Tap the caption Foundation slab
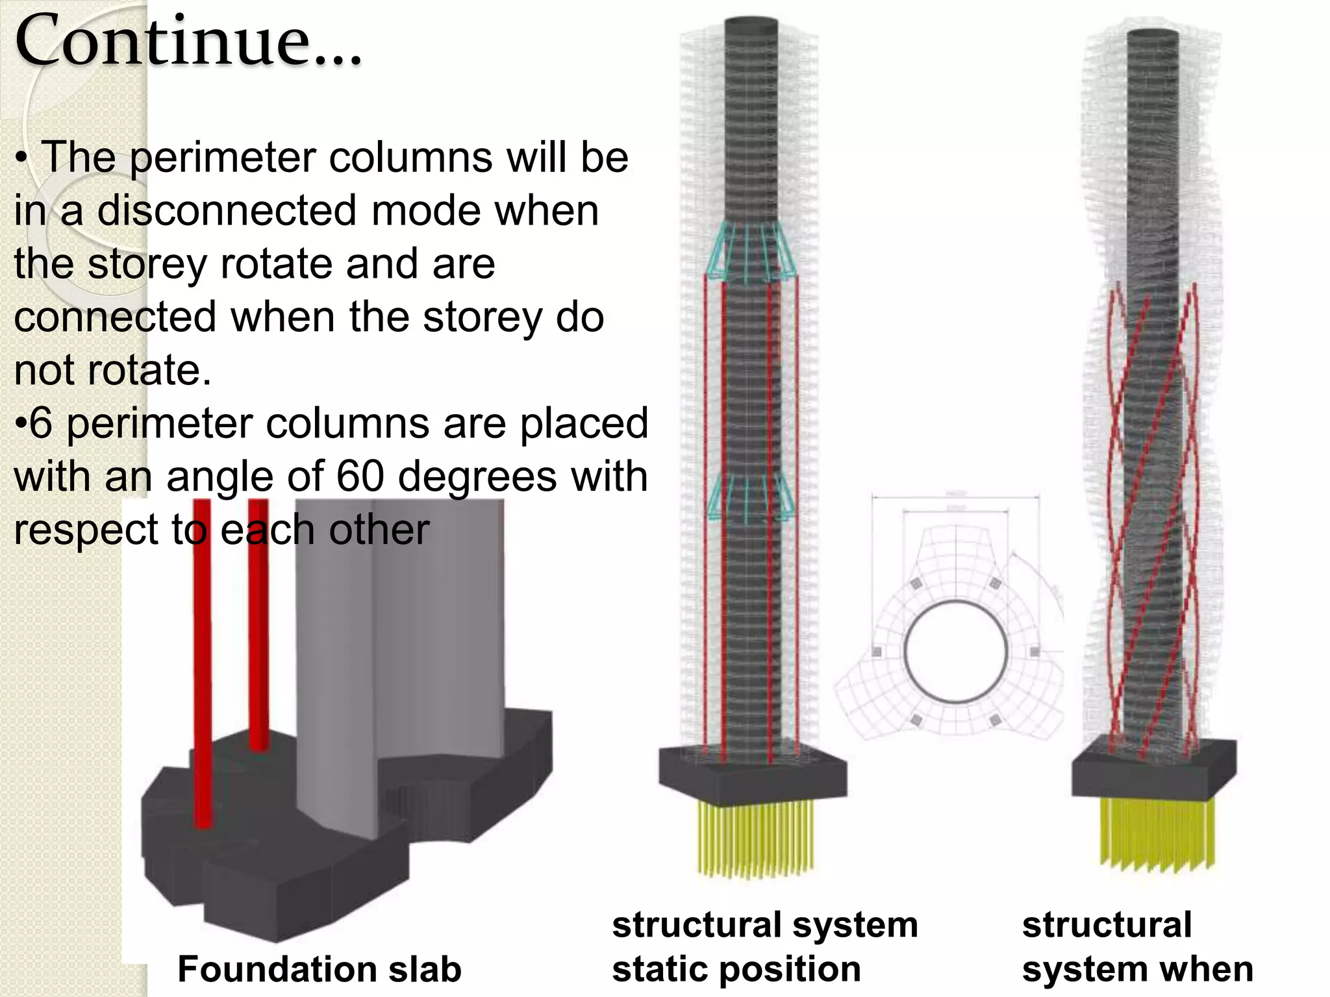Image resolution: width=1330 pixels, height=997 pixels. click(319, 969)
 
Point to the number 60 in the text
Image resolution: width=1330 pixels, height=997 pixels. click(361, 476)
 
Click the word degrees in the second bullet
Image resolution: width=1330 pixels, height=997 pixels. click(477, 478)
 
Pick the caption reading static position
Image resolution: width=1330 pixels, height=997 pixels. click(736, 969)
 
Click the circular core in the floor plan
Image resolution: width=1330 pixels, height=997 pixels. click(955, 651)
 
